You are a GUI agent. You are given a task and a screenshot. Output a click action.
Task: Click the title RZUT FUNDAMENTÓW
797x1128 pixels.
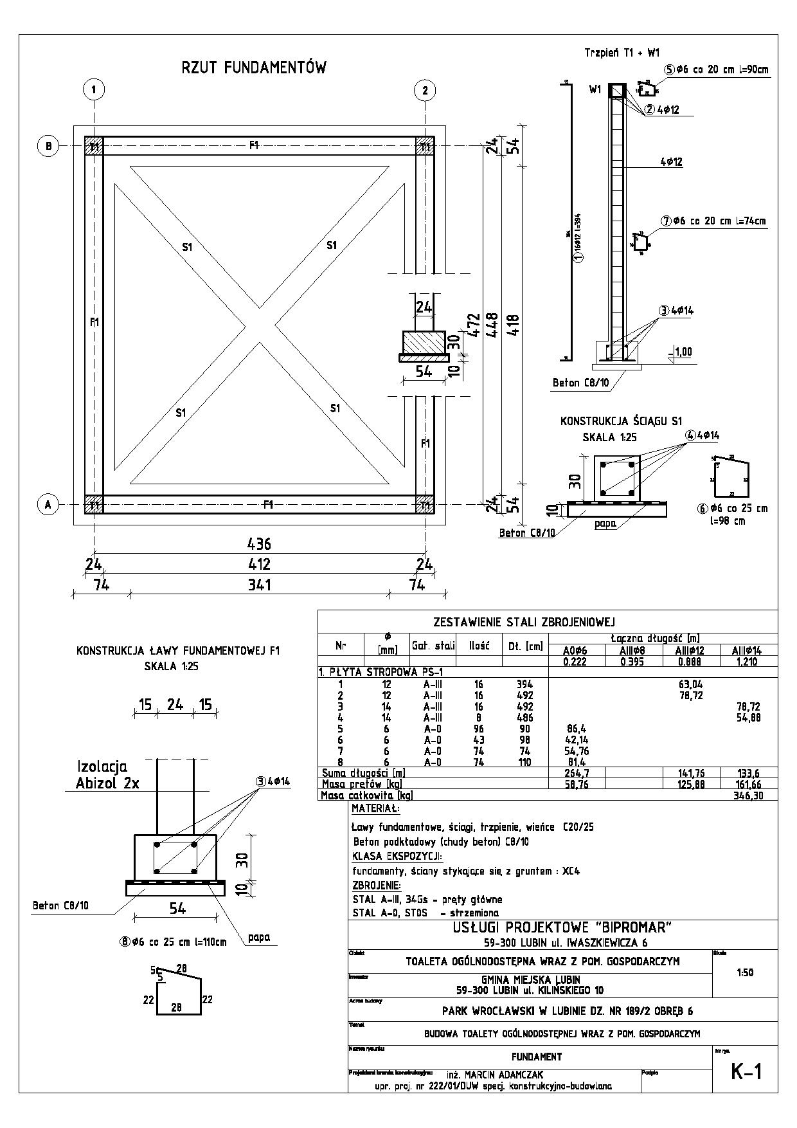[x=254, y=68]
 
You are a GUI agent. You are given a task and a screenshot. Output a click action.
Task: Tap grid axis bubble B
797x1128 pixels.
[x=48, y=147]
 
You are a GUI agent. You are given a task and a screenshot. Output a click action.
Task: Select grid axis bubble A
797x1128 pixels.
[x=48, y=505]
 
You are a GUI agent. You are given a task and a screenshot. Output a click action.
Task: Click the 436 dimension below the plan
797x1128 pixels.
[x=259, y=544]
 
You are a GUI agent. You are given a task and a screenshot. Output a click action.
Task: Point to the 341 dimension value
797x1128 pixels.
[x=259, y=585]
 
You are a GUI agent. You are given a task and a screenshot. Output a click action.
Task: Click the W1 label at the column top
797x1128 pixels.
[x=595, y=90]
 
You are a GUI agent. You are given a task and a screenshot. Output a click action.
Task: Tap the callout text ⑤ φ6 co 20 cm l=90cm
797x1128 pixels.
[x=717, y=69]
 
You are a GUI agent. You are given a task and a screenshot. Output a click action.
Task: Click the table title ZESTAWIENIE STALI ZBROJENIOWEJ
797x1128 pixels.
[x=524, y=622]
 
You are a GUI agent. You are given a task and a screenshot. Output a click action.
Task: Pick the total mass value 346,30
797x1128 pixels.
[x=747, y=796]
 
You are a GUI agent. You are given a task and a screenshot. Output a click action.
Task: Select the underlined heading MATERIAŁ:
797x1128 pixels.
[x=375, y=808]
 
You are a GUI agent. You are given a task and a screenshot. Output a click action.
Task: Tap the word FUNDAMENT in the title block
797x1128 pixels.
[x=537, y=1057]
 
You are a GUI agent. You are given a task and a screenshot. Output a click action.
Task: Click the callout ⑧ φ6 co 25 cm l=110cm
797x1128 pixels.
[x=173, y=942]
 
